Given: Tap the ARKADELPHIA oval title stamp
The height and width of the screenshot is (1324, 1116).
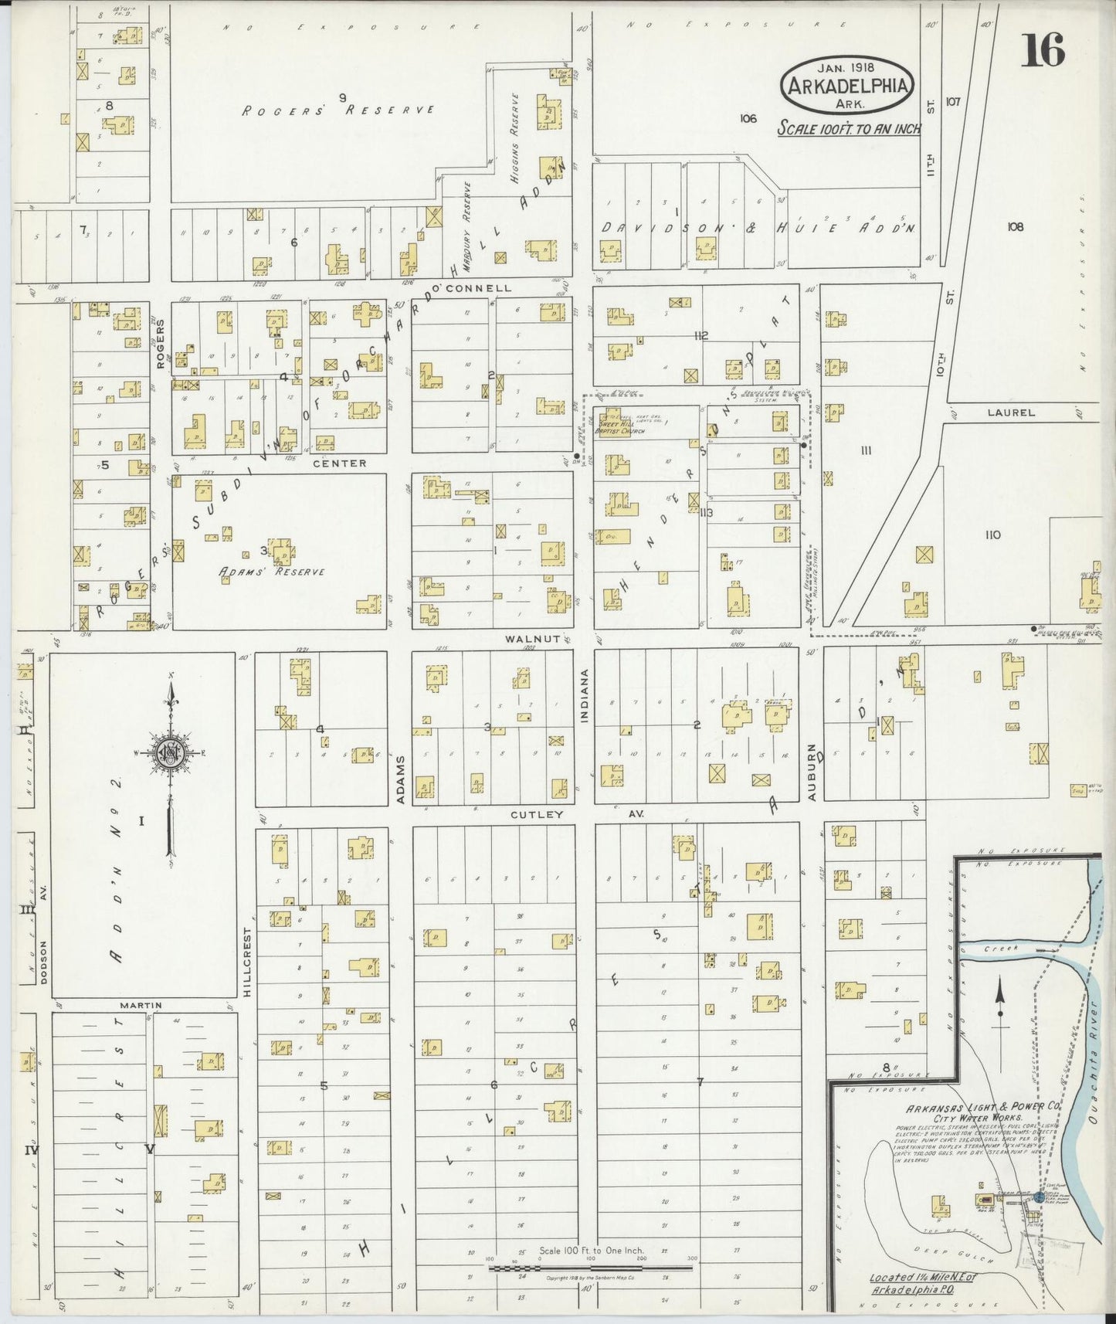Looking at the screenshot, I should pos(846,84).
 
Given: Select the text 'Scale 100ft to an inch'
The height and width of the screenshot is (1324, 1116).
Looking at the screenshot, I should pos(848,128).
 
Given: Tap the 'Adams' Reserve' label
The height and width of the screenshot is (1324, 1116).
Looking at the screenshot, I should pos(271,572).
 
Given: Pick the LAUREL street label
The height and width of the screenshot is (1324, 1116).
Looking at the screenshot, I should pos(1010,412).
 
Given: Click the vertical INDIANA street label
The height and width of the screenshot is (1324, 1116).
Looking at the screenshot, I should pos(585,695).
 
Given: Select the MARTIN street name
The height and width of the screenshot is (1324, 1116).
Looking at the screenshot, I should pos(141,1005).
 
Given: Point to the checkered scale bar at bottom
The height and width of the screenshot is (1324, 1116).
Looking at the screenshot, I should pos(591,1267).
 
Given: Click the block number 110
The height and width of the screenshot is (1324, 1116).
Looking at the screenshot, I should pos(992,535).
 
